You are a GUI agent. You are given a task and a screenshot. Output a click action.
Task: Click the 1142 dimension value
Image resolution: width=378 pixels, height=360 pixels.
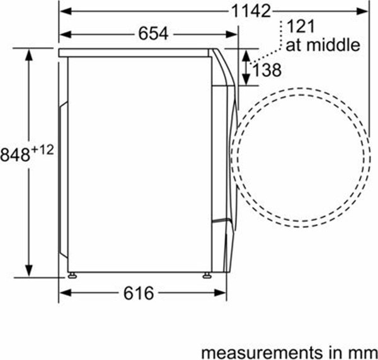coord(251,11)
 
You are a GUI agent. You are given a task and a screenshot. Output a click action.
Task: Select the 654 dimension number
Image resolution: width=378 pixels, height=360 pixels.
coord(153,34)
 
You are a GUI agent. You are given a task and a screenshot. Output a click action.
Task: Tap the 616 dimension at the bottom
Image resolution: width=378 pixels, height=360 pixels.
coord(139,293)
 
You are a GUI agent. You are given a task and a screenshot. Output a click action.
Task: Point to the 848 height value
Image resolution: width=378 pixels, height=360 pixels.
coord(15,154)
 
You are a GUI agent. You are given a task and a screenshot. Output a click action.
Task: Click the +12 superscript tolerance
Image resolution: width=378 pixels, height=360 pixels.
coord(42,150)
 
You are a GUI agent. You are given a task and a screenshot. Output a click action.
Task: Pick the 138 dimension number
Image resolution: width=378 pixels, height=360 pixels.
coord(266,70)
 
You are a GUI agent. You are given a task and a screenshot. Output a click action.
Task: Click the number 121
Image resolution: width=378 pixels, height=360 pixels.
coord(301,26)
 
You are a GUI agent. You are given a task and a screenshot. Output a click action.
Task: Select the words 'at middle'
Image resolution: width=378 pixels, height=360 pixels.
coord(323,45)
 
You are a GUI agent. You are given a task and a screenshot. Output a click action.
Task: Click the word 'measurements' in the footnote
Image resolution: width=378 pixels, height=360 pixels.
coord(261,352)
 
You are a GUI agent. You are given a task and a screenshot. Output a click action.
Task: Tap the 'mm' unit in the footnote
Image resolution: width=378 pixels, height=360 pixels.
coord(365,353)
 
